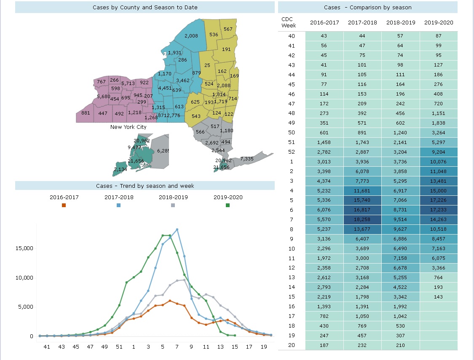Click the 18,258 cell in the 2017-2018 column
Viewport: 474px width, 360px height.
pyautogui.click(x=362, y=219)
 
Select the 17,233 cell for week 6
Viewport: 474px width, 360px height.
pyautogui.click(x=438, y=210)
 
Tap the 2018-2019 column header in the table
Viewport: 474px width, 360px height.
pyautogui.click(x=401, y=23)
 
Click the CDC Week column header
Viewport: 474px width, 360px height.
pyautogui.click(x=288, y=22)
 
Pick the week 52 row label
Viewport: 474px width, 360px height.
pyautogui.click(x=292, y=152)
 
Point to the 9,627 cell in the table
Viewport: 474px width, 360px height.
pyautogui.click(x=400, y=229)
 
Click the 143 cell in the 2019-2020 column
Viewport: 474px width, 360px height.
pyautogui.click(x=438, y=297)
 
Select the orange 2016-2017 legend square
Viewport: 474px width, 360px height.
pyautogui.click(x=64, y=205)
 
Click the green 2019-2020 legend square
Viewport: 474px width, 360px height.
pyautogui.click(x=228, y=205)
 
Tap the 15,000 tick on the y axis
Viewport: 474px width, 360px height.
pyautogui.click(x=24, y=248)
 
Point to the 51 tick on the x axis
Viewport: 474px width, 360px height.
pyautogui.click(x=119, y=347)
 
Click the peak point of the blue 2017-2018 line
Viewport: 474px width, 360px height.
pyautogui.click(x=177, y=229)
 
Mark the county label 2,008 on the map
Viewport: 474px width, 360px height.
pyautogui.click(x=191, y=36)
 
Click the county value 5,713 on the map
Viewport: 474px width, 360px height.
pyautogui.click(x=128, y=83)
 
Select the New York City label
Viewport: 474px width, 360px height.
pyautogui.click(x=128, y=127)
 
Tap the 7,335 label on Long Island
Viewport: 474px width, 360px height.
pyautogui.click(x=246, y=159)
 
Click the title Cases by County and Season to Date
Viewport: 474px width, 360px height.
pyautogui.click(x=145, y=8)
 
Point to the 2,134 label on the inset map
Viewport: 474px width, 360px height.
pyautogui.click(x=121, y=169)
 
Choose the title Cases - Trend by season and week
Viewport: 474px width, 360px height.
pyautogui.click(x=145, y=186)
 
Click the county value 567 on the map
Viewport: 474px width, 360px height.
pyautogui.click(x=228, y=29)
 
